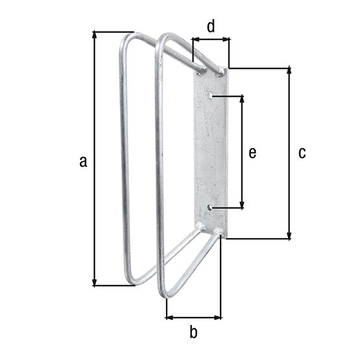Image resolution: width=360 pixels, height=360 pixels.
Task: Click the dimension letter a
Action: pos(83,161)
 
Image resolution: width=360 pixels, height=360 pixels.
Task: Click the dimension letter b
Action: pos(193,331)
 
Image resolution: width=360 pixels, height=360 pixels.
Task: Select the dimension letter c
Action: pos(302,152)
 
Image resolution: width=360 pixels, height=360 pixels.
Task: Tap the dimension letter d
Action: pos(211,27)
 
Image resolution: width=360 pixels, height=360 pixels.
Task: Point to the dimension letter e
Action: pos(252,152)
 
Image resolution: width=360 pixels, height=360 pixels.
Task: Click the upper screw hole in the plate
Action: pos(210,95)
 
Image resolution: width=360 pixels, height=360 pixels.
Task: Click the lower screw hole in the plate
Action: pos(210,208)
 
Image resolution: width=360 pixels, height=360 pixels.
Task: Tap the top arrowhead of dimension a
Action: pos(94,35)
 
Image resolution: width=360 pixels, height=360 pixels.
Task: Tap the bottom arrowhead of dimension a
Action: pos(94,282)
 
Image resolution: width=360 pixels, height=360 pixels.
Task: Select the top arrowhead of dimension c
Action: pos(289,71)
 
